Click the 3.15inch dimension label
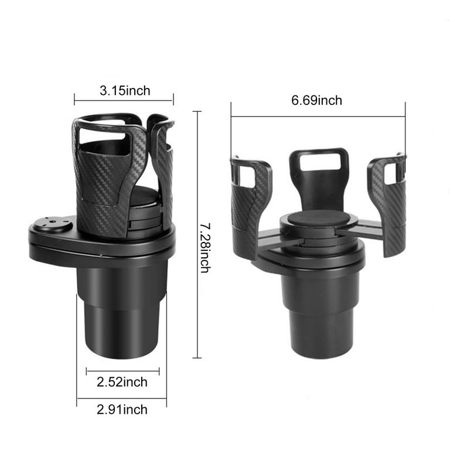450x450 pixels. [x=125, y=91]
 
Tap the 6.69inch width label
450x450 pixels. [x=316, y=100]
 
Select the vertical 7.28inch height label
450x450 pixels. [x=206, y=248]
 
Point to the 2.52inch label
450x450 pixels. [x=122, y=382]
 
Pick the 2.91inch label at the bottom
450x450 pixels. [x=122, y=410]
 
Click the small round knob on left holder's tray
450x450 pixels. [x=52, y=224]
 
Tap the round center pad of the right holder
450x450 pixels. [x=318, y=218]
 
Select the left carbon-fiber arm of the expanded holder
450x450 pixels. [x=251, y=207]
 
